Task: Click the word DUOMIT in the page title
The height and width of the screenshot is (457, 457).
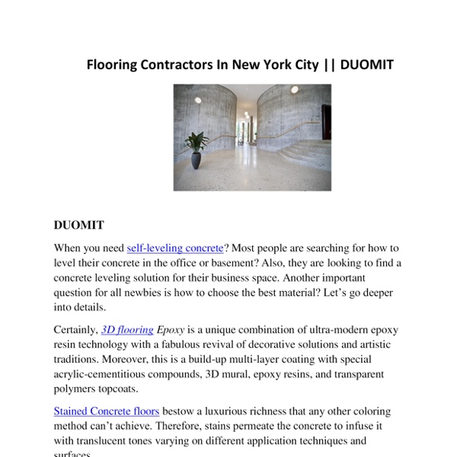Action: (x=366, y=64)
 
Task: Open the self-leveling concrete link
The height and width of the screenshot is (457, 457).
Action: (x=175, y=248)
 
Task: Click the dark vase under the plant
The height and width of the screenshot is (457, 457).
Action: (x=197, y=160)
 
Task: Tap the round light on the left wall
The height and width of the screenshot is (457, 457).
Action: (x=197, y=100)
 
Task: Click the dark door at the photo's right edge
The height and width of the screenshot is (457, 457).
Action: (x=326, y=122)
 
